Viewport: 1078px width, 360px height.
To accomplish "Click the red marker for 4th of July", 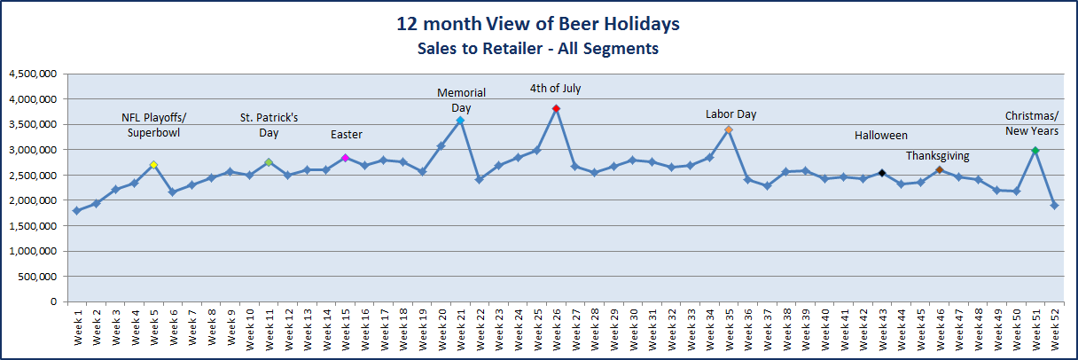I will (556, 108).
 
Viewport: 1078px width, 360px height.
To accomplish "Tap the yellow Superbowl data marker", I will (153, 165).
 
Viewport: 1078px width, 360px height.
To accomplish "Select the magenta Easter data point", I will (345, 158).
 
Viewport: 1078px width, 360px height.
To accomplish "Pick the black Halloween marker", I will (882, 173).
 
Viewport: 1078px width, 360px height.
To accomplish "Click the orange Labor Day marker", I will (728, 129).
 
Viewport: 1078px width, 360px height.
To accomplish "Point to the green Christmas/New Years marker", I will (1035, 151).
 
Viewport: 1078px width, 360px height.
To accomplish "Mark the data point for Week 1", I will (77, 211).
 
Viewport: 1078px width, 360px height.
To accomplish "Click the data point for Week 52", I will (1054, 206).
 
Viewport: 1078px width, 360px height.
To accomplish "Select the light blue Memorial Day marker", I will (460, 120).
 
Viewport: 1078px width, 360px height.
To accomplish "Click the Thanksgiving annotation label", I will (937, 156).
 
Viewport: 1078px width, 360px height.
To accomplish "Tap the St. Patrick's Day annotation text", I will (269, 125).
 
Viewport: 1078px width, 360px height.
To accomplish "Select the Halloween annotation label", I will (880, 136).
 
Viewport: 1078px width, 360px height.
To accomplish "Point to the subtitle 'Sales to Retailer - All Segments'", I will (538, 49).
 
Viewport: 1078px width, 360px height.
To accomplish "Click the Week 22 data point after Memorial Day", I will (480, 179).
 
